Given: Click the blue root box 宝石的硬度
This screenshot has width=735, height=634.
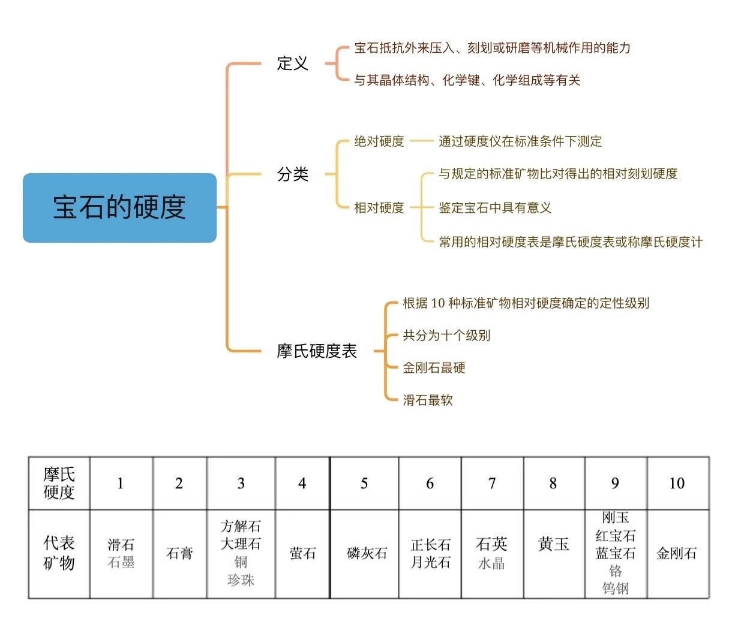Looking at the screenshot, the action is click(119, 208).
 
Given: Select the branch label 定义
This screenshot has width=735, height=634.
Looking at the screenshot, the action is click(292, 64).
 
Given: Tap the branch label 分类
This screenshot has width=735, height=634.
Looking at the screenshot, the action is click(292, 174).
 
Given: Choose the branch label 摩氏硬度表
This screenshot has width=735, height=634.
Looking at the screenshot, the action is click(316, 351).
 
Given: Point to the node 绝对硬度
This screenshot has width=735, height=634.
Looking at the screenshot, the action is click(379, 141).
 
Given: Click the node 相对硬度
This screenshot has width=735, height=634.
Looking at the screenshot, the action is click(379, 208).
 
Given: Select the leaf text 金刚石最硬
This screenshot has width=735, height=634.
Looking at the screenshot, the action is click(434, 367).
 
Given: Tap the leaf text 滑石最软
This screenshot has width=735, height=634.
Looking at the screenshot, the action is click(427, 400).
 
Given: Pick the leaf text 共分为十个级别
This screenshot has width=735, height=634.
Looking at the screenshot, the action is click(446, 336).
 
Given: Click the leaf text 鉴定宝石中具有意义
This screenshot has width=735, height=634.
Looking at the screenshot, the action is click(494, 208).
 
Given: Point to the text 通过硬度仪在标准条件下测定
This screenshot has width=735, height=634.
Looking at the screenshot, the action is click(520, 141).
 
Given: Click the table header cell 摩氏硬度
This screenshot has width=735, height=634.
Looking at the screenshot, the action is click(59, 483).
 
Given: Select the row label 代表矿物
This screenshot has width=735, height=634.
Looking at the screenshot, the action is click(59, 553).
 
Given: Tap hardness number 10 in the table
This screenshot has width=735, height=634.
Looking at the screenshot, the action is click(677, 483).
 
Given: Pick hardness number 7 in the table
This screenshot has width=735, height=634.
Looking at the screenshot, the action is click(492, 483).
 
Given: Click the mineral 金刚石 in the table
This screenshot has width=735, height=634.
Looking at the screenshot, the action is click(676, 553).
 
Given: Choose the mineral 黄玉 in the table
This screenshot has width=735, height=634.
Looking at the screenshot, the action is click(553, 544).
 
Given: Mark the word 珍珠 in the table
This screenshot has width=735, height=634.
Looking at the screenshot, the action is click(241, 580).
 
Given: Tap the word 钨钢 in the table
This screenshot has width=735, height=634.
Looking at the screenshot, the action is click(616, 588).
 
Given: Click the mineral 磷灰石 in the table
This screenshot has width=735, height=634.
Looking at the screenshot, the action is click(367, 553).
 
